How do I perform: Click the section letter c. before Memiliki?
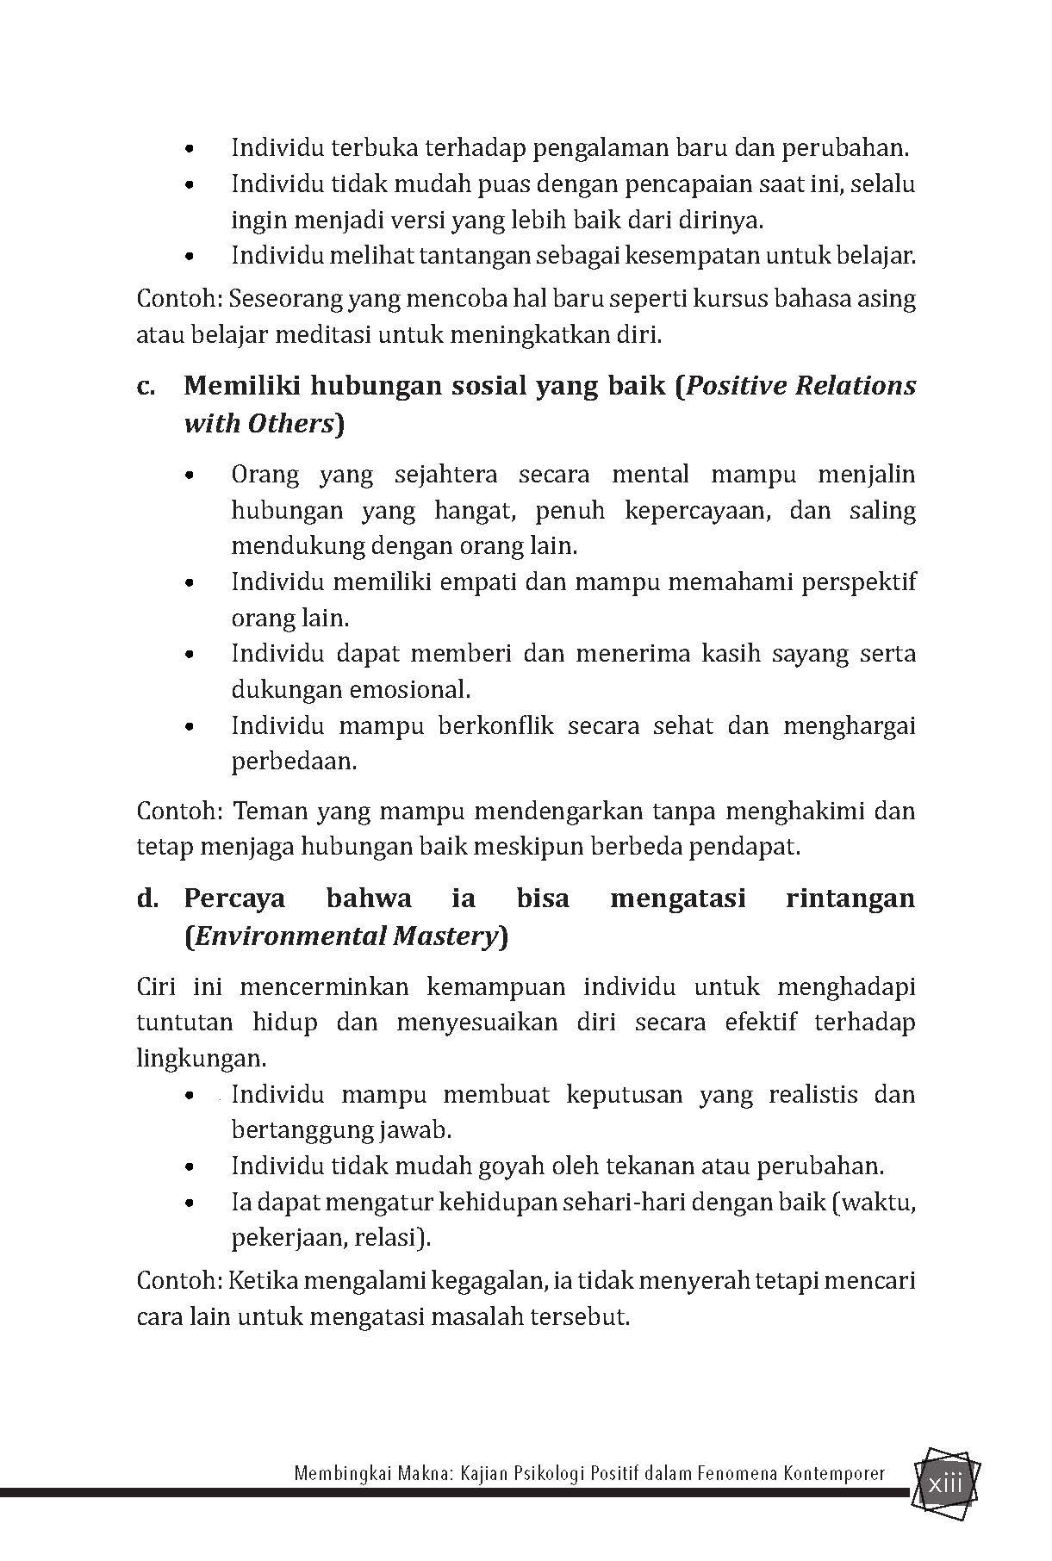point(146,386)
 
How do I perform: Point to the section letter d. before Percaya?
point(147,899)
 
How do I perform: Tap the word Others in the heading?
point(290,424)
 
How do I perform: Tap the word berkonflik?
point(494,725)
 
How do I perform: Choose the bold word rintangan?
point(850,899)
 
